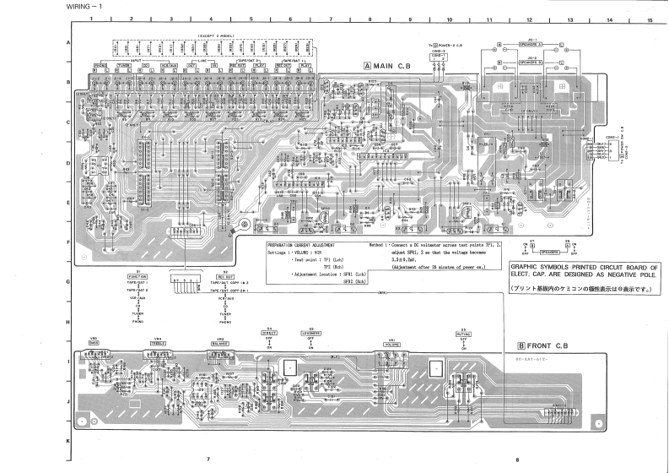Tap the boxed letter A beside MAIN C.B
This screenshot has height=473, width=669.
click(x=368, y=65)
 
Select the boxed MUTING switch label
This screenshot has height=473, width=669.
click(x=463, y=334)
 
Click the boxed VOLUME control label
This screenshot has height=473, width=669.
click(x=391, y=345)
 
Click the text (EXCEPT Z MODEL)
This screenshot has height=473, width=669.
click(x=217, y=35)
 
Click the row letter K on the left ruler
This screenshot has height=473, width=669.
click(x=67, y=441)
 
